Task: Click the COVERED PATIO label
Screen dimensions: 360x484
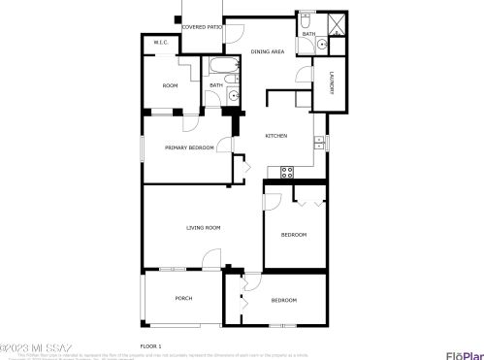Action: (201, 28)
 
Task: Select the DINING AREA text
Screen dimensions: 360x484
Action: (269, 51)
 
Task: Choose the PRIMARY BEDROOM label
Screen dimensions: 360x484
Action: (189, 147)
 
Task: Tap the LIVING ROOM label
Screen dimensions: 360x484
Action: (204, 228)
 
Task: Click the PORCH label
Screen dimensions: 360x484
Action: (182, 298)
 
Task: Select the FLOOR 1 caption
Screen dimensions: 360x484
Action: (150, 345)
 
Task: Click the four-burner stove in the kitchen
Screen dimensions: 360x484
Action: (287, 172)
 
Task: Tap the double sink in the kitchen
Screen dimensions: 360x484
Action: (317, 145)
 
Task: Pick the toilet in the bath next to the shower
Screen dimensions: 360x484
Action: (305, 18)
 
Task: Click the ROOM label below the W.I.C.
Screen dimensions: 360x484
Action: (170, 86)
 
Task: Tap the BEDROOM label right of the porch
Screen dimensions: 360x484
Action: (283, 301)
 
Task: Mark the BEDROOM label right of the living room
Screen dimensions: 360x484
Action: (294, 236)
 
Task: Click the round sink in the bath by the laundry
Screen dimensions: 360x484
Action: (324, 43)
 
